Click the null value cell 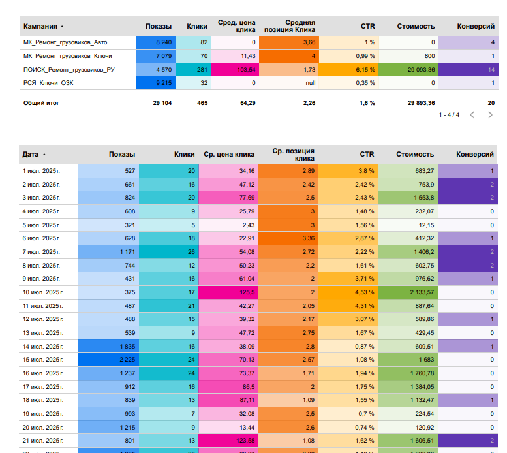[310, 84]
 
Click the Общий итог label [42, 103]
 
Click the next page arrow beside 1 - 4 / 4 [490, 115]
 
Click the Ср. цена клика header [228, 155]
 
